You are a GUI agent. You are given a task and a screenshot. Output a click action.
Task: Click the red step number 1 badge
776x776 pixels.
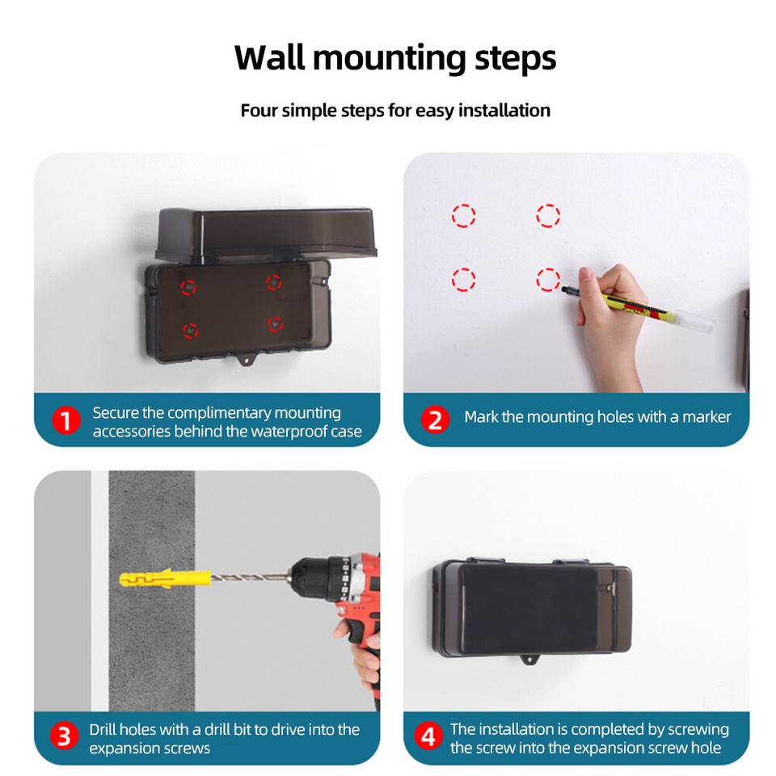[66, 421]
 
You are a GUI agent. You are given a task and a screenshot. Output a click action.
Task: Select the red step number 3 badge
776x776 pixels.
[64, 737]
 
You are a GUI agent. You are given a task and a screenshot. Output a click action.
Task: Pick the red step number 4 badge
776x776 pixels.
[428, 737]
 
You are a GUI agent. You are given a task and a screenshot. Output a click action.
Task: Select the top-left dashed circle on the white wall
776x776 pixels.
[463, 216]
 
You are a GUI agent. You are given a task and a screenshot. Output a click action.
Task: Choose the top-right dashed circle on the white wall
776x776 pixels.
[548, 216]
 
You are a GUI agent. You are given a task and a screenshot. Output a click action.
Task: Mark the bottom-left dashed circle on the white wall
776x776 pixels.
[463, 280]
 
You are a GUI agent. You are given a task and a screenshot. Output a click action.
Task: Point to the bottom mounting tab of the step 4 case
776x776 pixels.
[531, 665]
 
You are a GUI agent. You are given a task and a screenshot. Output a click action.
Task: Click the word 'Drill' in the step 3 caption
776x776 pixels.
[104, 729]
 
